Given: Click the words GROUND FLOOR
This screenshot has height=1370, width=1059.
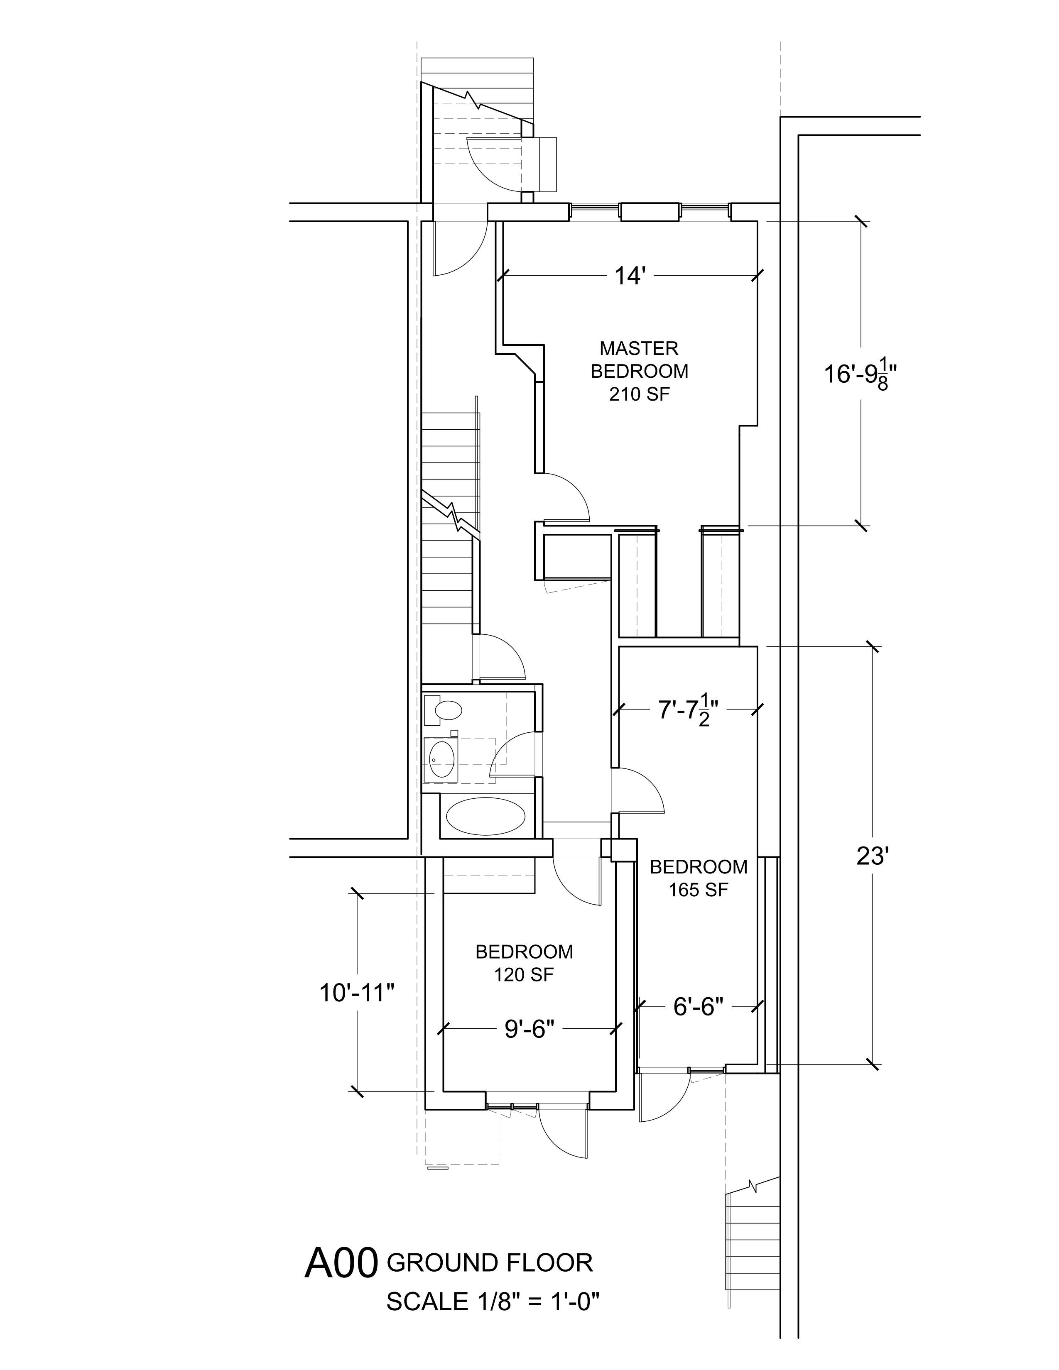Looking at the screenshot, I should (x=489, y=1262).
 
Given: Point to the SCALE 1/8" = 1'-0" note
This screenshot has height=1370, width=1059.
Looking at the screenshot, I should (x=493, y=1301).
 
